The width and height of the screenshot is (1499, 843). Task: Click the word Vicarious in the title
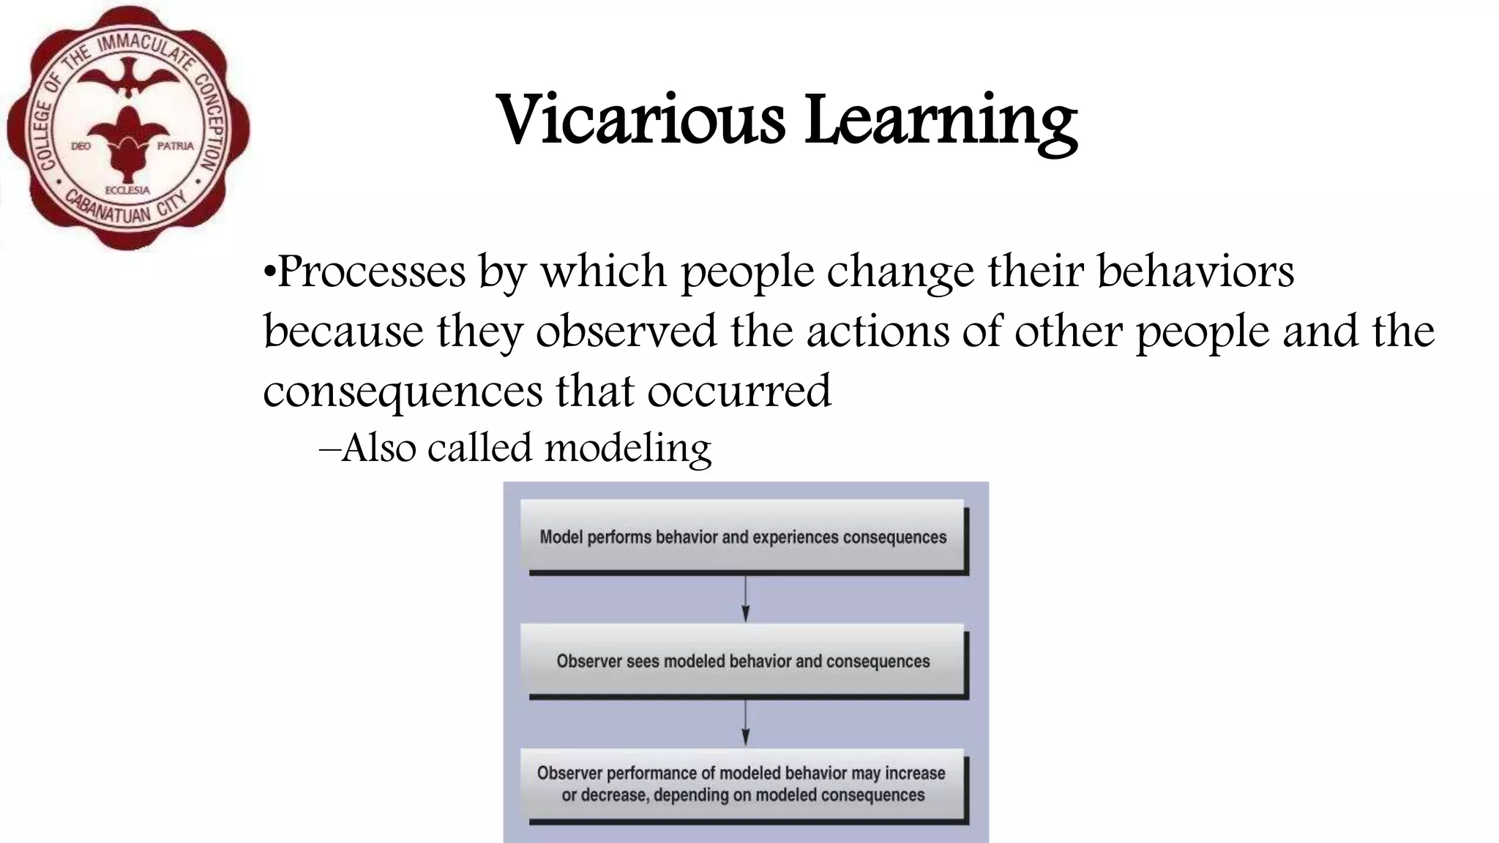coord(641,119)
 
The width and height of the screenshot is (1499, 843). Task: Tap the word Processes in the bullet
coord(371,272)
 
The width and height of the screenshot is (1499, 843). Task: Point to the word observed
coord(626,331)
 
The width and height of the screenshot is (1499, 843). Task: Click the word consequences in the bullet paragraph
coord(403,391)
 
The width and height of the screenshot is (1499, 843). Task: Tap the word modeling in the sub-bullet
coord(628,448)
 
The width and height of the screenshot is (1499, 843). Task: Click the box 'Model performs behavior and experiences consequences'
coord(743,537)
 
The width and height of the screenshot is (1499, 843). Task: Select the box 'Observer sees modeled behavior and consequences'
coord(743,662)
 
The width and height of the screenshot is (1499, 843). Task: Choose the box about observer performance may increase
coord(743,784)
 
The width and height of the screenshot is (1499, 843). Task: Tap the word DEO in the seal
coord(81,146)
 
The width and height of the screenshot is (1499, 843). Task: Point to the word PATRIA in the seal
coord(176,146)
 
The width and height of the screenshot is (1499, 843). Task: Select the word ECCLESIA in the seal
coord(127,190)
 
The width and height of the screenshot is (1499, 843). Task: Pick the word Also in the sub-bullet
coord(378,448)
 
